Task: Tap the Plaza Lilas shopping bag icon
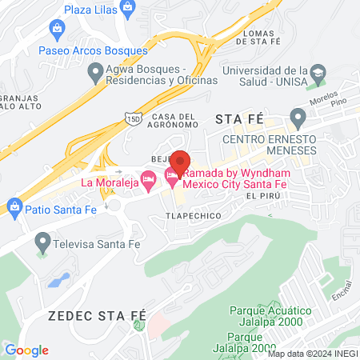coord(58,29)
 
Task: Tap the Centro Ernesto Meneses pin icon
coord(298,119)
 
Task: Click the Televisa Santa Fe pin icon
coord(42,241)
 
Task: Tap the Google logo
coord(26,350)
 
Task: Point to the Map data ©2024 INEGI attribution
coord(313,354)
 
